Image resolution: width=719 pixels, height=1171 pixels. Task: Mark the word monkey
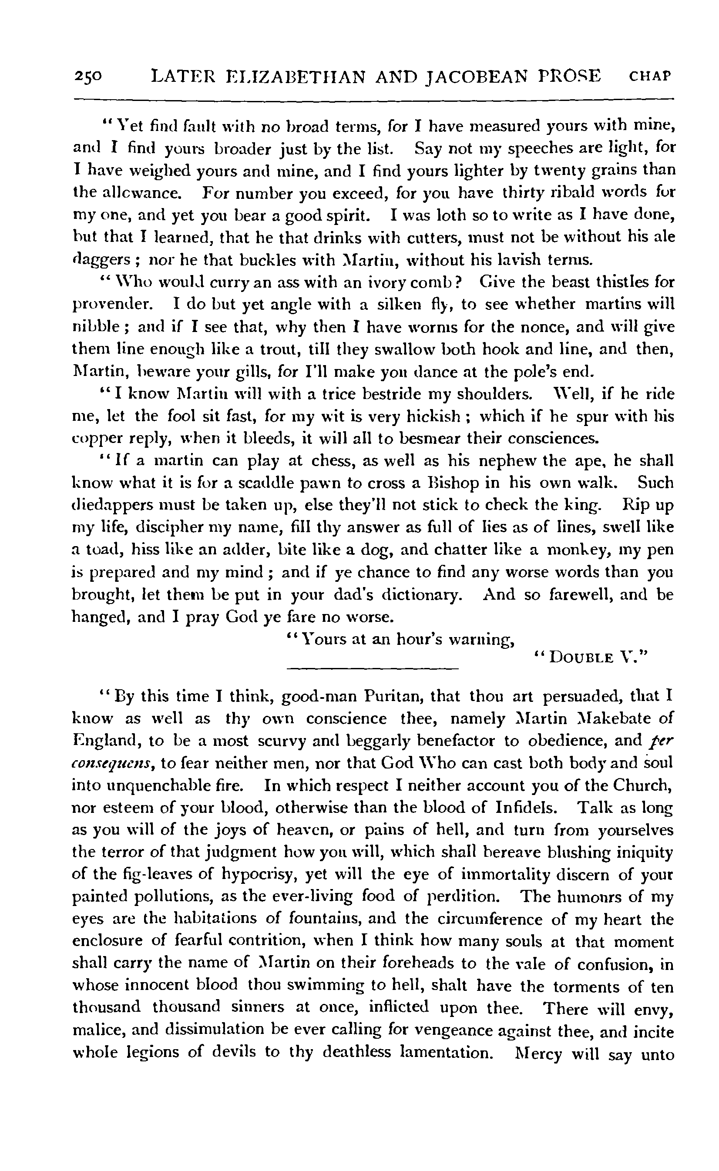point(578,550)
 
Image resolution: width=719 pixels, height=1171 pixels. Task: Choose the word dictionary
point(420,595)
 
